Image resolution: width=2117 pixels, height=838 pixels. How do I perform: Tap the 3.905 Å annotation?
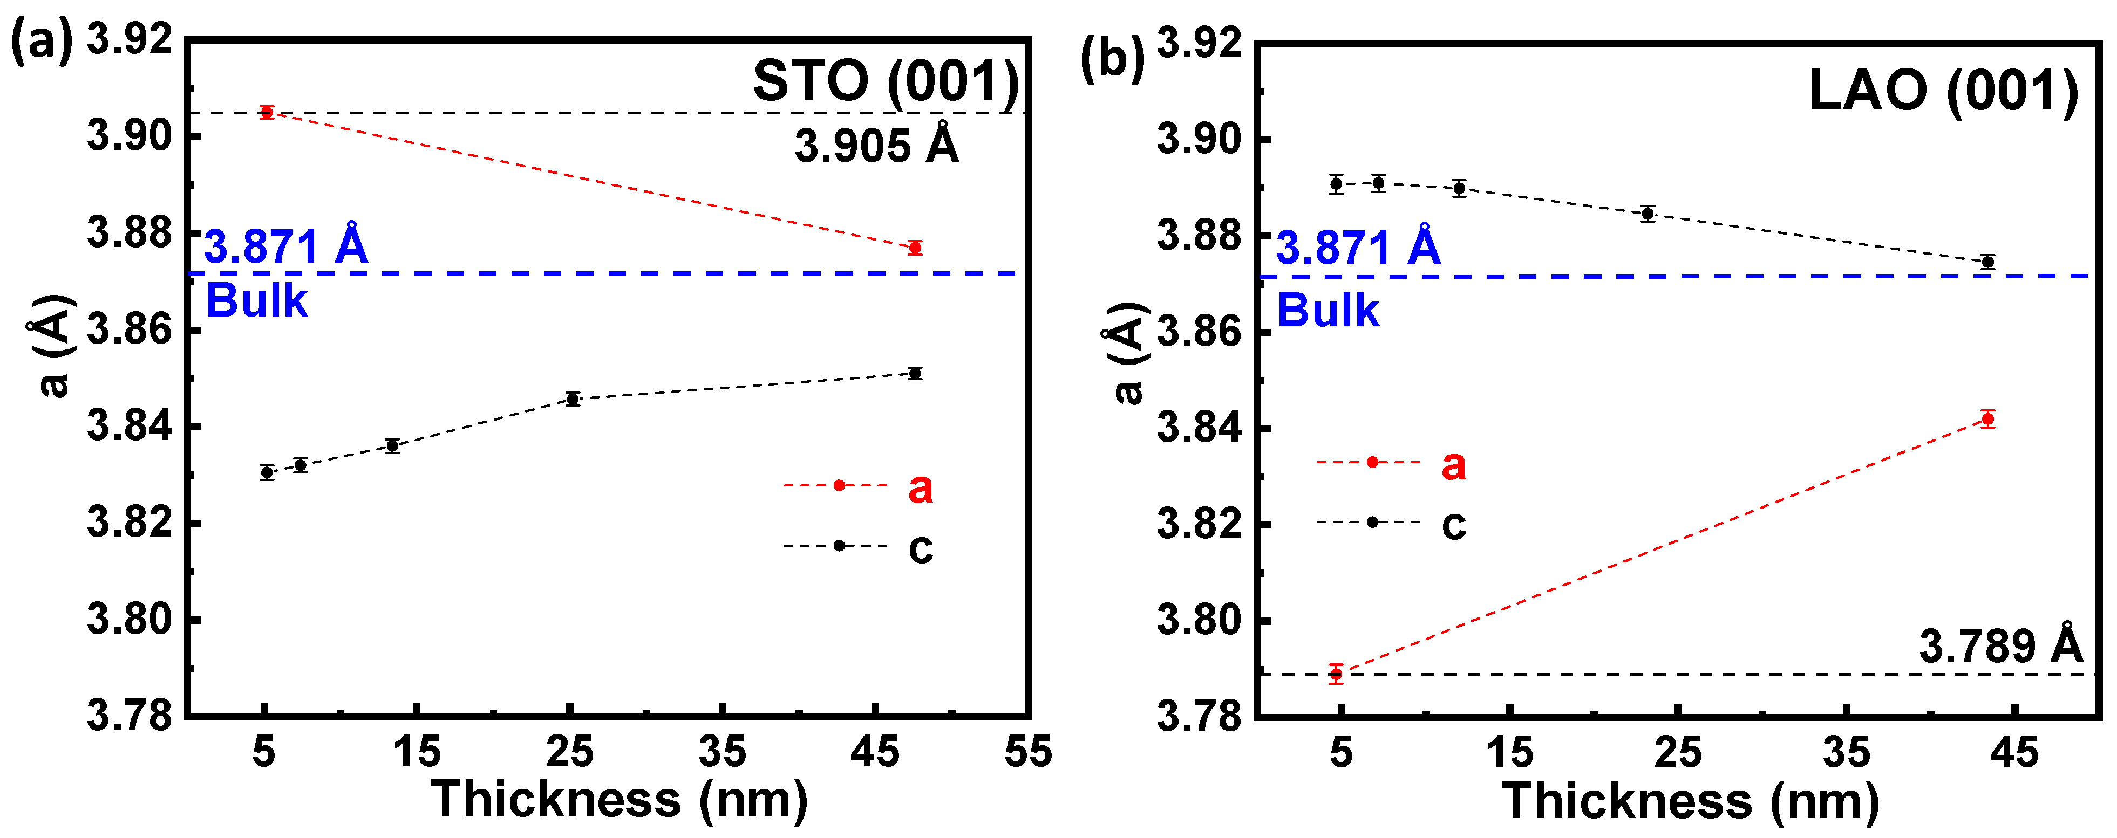[x=876, y=146]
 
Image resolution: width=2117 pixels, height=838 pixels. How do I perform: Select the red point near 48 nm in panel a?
[x=915, y=248]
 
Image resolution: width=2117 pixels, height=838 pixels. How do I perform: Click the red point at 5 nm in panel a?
[x=266, y=113]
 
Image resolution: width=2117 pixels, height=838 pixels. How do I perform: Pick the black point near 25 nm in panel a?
[x=573, y=399]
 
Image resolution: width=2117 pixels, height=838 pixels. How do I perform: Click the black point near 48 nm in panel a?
[x=915, y=374]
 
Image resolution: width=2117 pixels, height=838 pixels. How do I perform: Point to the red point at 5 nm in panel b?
[x=1336, y=675]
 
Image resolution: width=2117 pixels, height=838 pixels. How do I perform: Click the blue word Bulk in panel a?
[x=256, y=301]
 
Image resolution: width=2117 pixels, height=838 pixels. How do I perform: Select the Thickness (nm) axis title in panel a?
[x=619, y=799]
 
